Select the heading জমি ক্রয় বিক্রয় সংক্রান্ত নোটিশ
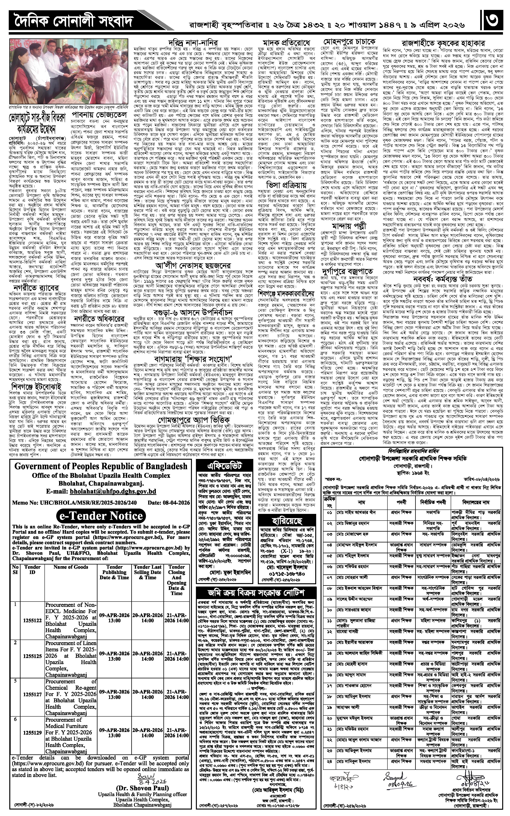pyautogui.click(x=256, y=594)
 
